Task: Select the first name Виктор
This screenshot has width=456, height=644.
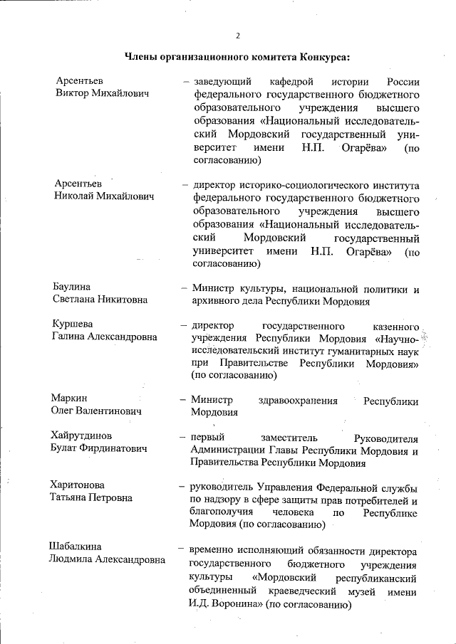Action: (75, 94)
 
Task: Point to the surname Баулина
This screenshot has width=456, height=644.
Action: (71, 287)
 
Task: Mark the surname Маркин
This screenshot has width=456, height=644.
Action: (69, 398)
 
